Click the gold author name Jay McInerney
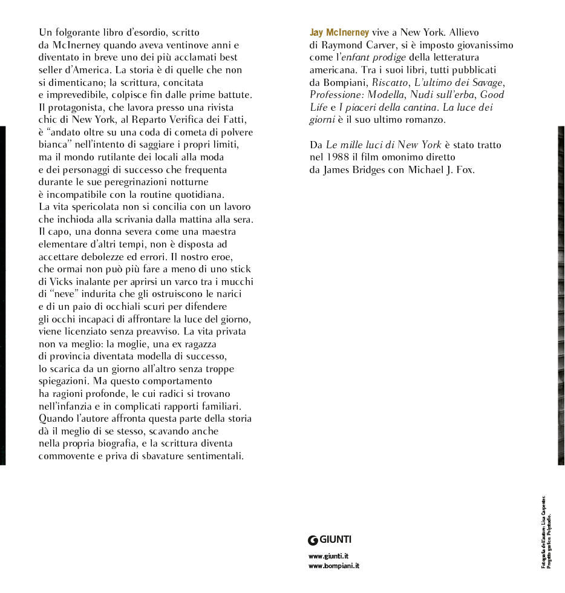[x=339, y=32]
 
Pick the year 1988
[x=339, y=157]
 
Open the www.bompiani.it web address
[x=334, y=566]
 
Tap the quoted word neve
[x=65, y=293]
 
